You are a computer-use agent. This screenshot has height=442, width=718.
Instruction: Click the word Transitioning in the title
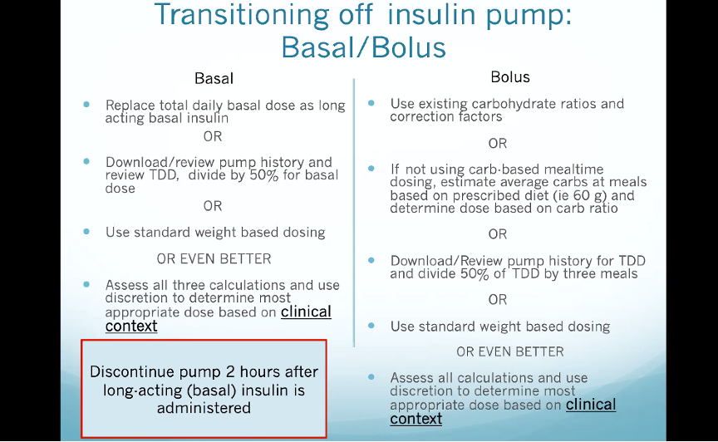tap(242, 15)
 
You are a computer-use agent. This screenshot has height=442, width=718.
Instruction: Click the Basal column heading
tap(214, 78)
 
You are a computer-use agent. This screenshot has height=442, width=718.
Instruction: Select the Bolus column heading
tap(510, 77)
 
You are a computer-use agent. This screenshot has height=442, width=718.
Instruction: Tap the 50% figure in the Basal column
tap(263, 175)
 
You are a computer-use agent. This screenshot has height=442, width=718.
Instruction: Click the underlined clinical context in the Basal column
tap(219, 319)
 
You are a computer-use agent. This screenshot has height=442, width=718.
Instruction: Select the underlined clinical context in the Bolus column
tap(503, 411)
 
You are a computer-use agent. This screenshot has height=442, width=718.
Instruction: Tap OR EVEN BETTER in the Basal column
tap(214, 258)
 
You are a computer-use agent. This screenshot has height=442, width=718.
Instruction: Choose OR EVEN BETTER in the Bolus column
tap(510, 351)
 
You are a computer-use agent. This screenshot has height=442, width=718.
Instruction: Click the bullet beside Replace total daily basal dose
tap(86, 105)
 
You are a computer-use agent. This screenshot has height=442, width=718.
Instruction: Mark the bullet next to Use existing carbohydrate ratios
tap(371, 103)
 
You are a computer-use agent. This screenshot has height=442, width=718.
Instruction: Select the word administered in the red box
tap(204, 408)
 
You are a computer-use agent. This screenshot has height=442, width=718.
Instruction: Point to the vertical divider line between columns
tap(354, 213)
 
